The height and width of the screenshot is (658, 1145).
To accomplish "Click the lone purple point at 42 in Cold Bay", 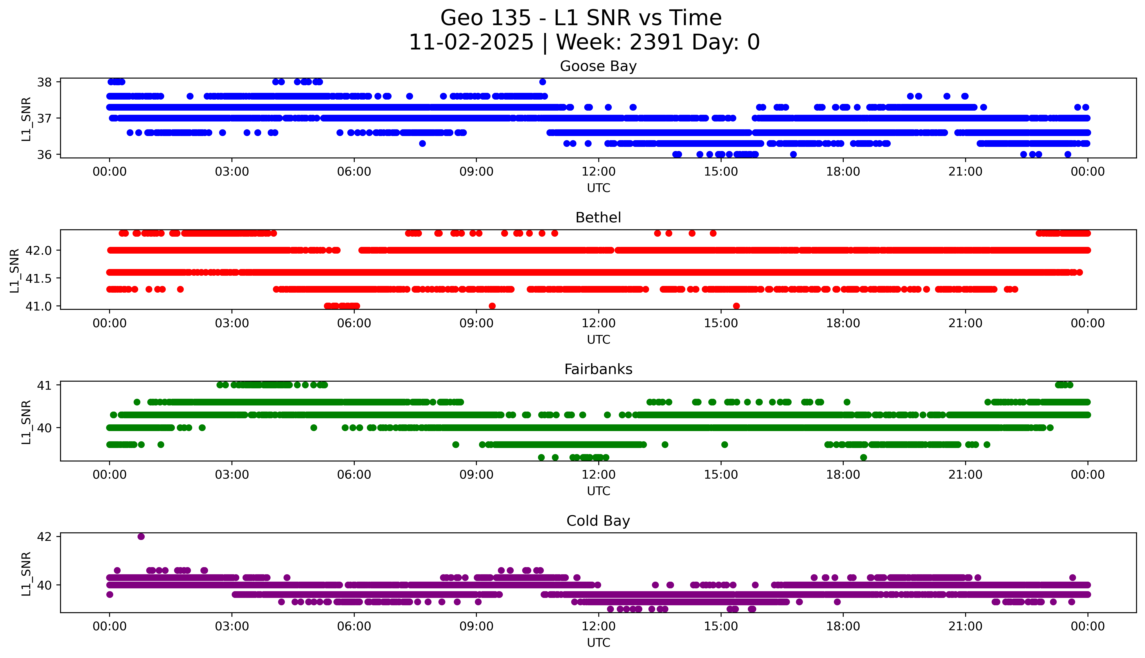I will tap(141, 537).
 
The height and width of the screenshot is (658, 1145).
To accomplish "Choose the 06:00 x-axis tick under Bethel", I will tap(354, 323).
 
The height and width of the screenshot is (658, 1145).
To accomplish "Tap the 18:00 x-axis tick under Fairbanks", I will tap(843, 474).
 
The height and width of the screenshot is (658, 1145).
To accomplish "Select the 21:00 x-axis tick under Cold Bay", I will tap(965, 626).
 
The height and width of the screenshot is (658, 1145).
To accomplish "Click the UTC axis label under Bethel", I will tap(598, 339).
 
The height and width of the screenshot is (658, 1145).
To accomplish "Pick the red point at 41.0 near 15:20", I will tap(736, 306).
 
